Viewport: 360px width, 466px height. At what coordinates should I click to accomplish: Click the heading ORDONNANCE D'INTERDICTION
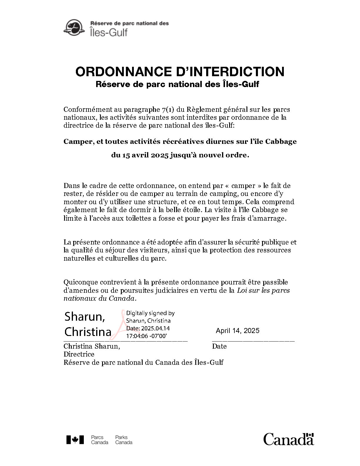(180, 72)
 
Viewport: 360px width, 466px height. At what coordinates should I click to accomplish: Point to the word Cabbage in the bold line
(281, 142)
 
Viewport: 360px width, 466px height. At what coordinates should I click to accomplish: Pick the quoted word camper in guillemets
(243, 186)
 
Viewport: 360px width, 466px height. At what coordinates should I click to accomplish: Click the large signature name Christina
(88, 332)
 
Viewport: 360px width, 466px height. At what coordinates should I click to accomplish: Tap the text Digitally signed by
(150, 313)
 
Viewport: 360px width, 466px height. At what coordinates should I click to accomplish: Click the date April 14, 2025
(238, 331)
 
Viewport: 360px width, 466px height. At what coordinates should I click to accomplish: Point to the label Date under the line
(219, 346)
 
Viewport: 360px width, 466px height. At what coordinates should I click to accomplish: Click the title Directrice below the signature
(79, 354)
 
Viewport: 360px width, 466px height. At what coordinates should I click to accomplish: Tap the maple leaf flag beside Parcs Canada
(75, 440)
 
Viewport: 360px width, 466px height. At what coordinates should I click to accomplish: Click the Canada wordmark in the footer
(289, 439)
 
